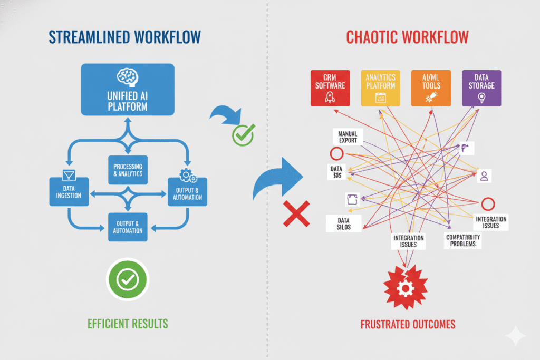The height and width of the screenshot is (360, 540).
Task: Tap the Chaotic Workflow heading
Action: tap(408, 38)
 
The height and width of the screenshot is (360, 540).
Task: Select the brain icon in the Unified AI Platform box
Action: tap(127, 77)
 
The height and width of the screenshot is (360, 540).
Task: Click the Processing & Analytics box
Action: tap(128, 170)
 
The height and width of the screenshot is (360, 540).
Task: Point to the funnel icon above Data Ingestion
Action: tap(67, 174)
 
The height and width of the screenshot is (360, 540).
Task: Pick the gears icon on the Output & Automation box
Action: tap(186, 174)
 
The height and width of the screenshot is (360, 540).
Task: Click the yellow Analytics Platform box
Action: tap(380, 87)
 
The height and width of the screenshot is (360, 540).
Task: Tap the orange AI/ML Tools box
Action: tap(431, 87)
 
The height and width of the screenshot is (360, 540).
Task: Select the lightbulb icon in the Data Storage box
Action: tap(481, 97)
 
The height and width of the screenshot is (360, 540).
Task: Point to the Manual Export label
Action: tap(348, 137)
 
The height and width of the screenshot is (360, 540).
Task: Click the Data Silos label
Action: tap(338, 223)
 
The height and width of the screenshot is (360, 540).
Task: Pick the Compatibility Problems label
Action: tap(463, 240)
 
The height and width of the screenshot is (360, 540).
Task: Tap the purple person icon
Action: tap(484, 176)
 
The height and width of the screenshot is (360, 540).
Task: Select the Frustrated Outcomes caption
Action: tap(408, 324)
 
